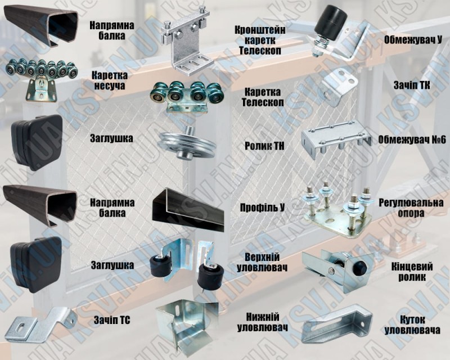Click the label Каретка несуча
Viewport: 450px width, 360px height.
110,80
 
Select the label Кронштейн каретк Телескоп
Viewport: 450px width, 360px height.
260,40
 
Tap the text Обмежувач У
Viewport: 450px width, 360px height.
413,40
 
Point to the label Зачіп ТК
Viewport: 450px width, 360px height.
412,85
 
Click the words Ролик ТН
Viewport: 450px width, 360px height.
264,146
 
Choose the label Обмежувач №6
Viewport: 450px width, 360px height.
412,140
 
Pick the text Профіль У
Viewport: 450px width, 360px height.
262,208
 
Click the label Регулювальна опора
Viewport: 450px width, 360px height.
411,208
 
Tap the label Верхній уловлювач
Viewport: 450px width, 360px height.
262,262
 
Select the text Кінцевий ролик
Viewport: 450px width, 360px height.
412,272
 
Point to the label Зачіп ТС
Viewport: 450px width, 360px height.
112,320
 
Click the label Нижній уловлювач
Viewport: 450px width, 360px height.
262,322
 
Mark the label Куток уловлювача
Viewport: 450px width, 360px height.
412,325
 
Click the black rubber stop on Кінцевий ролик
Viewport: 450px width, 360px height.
359,268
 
